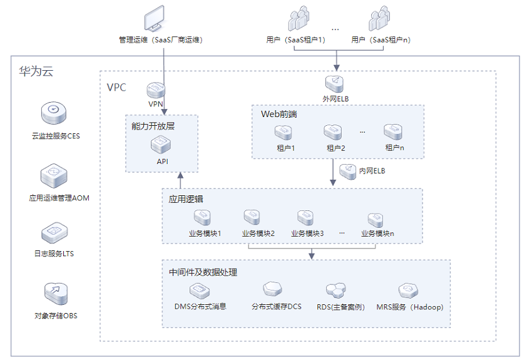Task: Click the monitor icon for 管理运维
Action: click(x=155, y=18)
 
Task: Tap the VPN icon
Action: click(x=156, y=90)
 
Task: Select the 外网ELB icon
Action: click(x=335, y=84)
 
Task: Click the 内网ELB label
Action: click(x=372, y=171)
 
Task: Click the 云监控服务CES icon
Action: click(x=54, y=113)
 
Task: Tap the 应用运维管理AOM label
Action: click(x=59, y=198)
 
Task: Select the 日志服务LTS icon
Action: click(x=54, y=233)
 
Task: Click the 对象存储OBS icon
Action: click(x=56, y=294)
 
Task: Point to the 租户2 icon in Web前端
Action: click(x=332, y=132)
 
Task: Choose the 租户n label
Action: click(x=394, y=148)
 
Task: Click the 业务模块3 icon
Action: click(x=305, y=218)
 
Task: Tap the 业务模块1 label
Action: click(x=205, y=234)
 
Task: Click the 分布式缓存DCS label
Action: click(x=277, y=307)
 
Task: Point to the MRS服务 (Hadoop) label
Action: click(x=410, y=307)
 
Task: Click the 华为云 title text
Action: click(x=36, y=71)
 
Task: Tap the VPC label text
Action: click(x=116, y=87)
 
